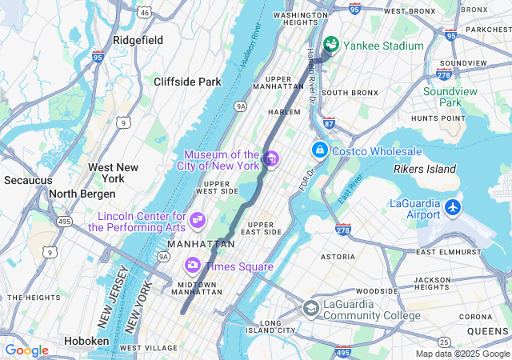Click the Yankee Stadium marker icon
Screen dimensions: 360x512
click(331, 46)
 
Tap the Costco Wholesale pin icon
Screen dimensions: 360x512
click(319, 150)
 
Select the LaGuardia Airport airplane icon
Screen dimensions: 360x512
click(453, 208)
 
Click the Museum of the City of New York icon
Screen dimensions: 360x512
click(270, 159)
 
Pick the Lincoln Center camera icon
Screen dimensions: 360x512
click(198, 219)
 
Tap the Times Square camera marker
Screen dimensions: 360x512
click(193, 266)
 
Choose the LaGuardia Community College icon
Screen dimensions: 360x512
click(310, 308)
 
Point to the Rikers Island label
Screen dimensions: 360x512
click(425, 169)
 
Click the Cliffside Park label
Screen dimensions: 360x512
click(187, 82)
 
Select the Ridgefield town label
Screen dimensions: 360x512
click(138, 40)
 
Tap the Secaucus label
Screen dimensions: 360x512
click(28, 180)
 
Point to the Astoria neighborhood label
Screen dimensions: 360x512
click(338, 257)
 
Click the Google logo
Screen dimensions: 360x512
click(26, 350)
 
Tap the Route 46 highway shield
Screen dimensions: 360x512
click(144, 13)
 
